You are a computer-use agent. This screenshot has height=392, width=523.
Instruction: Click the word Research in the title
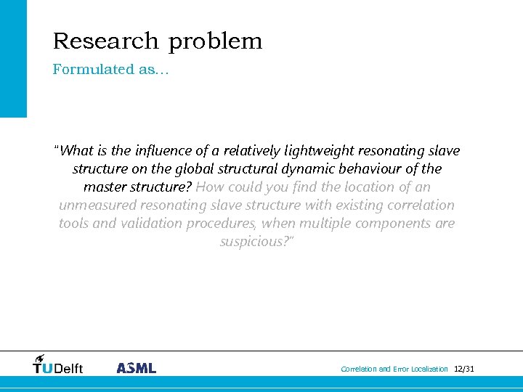click(x=106, y=41)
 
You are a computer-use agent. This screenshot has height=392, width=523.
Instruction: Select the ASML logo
click(x=136, y=368)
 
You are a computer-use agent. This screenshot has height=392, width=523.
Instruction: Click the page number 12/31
click(x=463, y=369)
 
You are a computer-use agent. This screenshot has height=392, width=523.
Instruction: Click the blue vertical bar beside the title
click(x=13, y=58)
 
